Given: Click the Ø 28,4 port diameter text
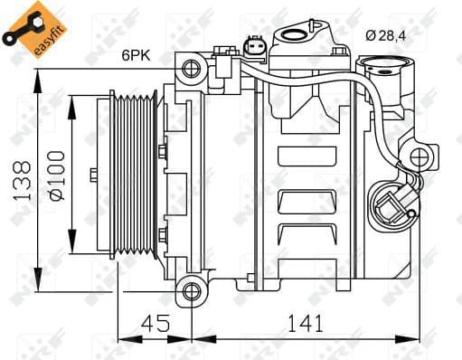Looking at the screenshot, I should [x=393, y=35].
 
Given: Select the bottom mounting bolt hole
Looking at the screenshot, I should [x=190, y=291].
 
